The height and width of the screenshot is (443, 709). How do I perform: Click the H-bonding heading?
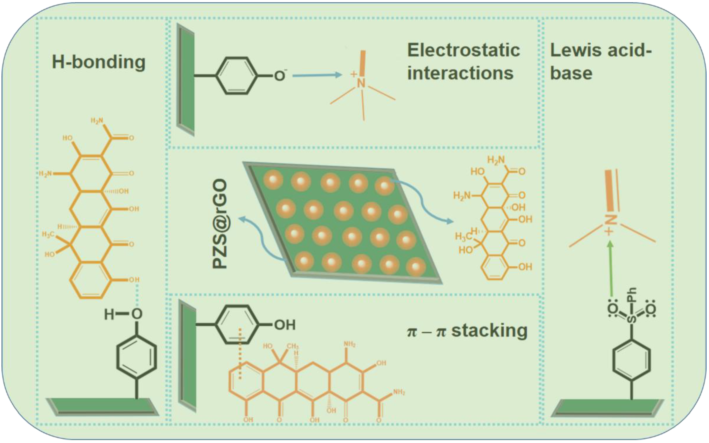[x=99, y=62]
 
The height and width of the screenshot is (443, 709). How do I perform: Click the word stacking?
[x=489, y=330]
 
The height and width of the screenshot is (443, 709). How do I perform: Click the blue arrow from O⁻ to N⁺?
[x=317, y=75]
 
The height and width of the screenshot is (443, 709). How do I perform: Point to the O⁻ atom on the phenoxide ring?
[x=280, y=76]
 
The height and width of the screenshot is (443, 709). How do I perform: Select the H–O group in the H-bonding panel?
[x=123, y=314]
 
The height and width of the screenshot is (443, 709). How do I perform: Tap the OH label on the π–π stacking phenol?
[x=284, y=325]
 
